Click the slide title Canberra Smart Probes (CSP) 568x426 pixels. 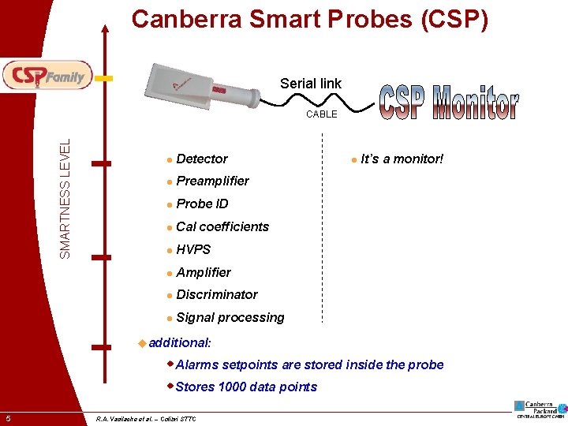[309, 19]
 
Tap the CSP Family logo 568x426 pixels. [47, 76]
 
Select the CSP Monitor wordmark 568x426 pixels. [449, 103]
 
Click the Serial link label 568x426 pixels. [311, 83]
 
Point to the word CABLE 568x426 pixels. [322, 114]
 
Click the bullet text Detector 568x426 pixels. [202, 159]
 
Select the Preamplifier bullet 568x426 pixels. [212, 181]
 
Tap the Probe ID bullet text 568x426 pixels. [202, 204]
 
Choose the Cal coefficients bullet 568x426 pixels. [222, 226]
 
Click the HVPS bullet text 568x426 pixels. [193, 249]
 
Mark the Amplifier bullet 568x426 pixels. [204, 272]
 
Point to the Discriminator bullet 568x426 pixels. [217, 294]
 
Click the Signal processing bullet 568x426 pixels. [230, 317]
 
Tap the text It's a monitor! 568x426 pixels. [402, 159]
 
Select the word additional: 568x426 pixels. [179, 342]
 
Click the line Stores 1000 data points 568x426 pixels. [246, 387]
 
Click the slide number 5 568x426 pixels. [7, 417]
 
